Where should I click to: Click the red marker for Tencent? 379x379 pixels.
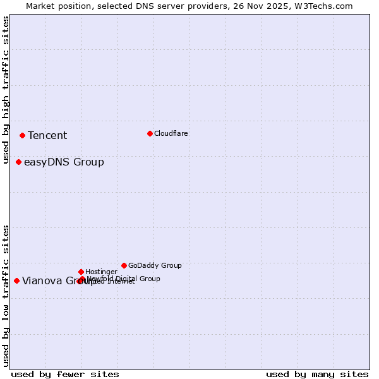[x=22, y=135]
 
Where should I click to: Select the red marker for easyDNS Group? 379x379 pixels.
[x=18, y=162]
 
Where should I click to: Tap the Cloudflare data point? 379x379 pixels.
[x=150, y=133]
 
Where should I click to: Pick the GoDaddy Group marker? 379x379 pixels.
[x=124, y=265]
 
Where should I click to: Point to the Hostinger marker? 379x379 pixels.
[x=81, y=272]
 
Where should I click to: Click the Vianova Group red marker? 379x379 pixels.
[x=16, y=280]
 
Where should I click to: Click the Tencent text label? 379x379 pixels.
[x=47, y=136]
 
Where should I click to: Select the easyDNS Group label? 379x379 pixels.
[x=64, y=162]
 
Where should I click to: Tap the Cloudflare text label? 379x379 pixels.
[x=171, y=133]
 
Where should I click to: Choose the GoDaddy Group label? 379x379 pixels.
[x=155, y=265]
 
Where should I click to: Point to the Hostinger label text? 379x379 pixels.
[x=101, y=272]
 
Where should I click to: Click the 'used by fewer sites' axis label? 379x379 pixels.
[x=65, y=374]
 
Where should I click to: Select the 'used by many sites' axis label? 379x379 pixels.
[x=317, y=374]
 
